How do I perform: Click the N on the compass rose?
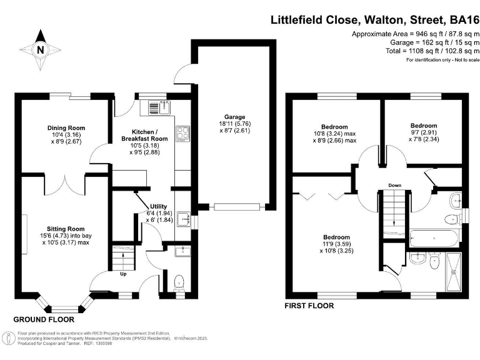click(41, 51)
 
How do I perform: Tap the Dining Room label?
click(66, 128)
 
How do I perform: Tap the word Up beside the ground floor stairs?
click(125, 273)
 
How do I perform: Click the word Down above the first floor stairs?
click(394, 186)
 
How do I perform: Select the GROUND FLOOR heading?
click(48, 319)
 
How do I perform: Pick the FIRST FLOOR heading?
click(309, 306)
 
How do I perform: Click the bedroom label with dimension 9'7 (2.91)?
click(422, 126)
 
